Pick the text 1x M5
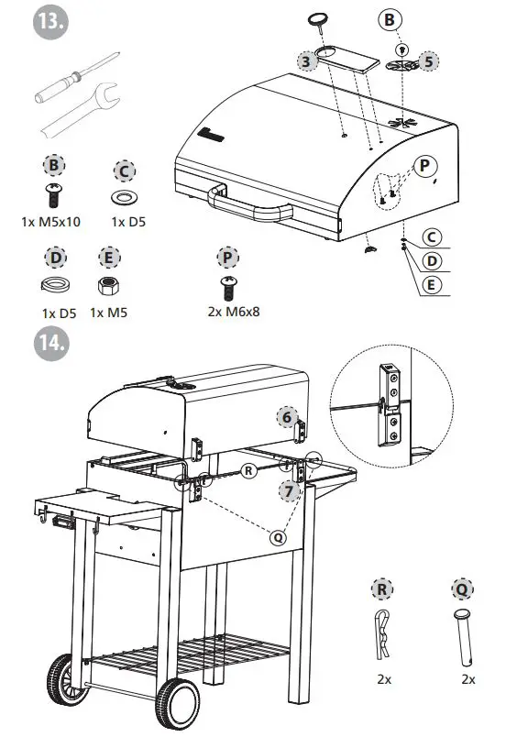pyautogui.click(x=108, y=312)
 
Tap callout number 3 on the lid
pyautogui.click(x=307, y=60)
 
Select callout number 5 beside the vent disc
pyautogui.click(x=425, y=61)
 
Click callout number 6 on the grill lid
pyautogui.click(x=288, y=417)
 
